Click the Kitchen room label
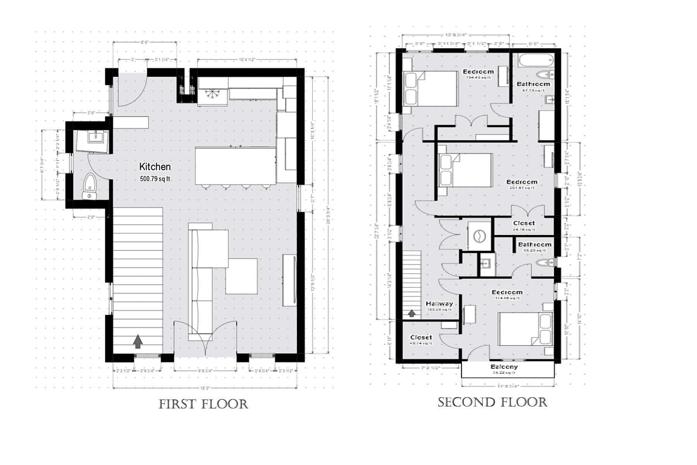coord(155,167)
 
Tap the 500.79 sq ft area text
coord(155,179)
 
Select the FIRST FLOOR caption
coord(203,405)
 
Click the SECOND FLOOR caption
coord(493,403)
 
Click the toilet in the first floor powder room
coord(90,185)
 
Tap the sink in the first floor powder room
coord(94,136)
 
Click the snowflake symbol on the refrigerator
coord(212,94)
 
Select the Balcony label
coord(504,367)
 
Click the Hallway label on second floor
coord(439,304)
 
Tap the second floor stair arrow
coord(413,313)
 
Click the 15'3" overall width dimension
coord(204,388)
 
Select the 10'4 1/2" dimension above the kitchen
coord(247,60)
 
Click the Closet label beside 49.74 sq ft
coord(421,338)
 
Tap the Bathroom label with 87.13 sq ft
coord(533,84)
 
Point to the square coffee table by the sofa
coord(242,276)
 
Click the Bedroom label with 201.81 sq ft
coord(522,182)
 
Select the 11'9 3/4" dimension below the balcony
coord(508,386)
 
